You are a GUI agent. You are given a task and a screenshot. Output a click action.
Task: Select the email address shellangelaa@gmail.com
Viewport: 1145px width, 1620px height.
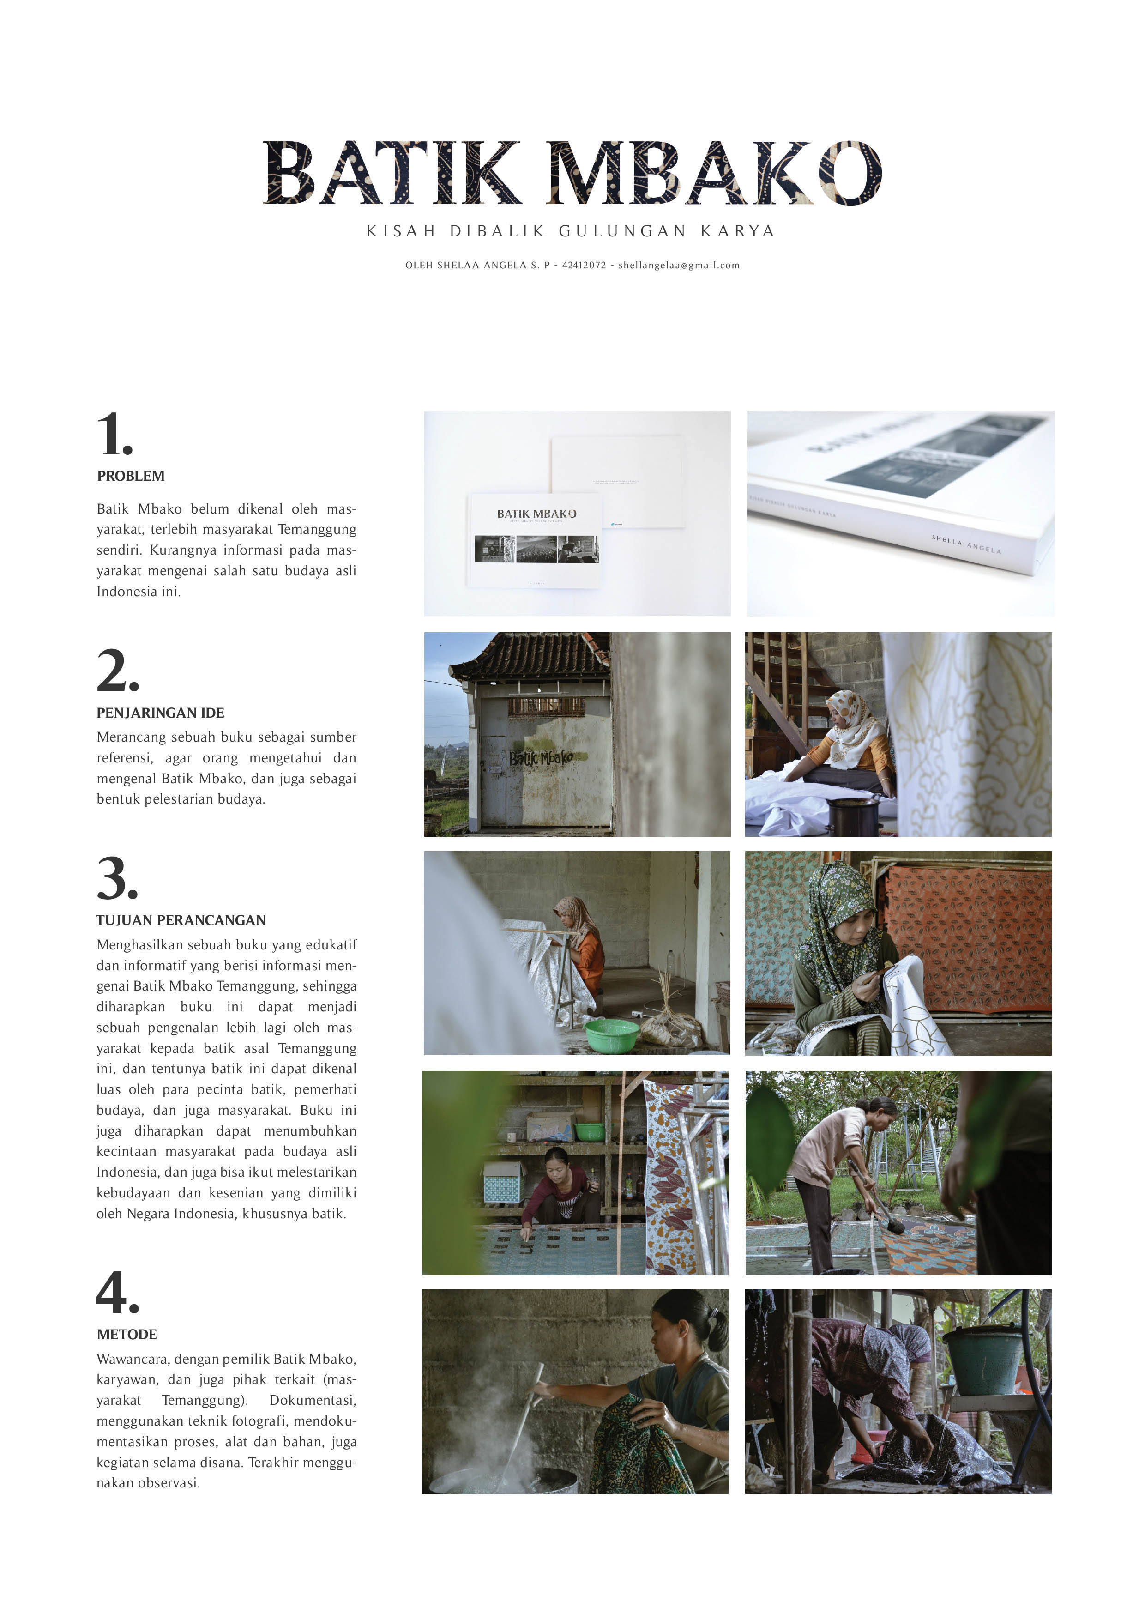pos(679,265)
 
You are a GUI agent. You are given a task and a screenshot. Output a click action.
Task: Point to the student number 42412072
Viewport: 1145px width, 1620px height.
pos(584,265)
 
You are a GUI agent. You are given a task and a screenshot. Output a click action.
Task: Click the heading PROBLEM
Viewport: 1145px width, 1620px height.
pos(131,476)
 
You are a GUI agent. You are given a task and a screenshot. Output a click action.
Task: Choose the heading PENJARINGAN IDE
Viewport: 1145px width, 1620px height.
pos(160,713)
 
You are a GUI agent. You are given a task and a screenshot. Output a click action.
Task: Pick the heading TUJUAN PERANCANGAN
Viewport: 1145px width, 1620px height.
pos(181,920)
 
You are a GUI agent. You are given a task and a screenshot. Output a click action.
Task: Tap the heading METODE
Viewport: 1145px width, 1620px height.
pos(127,1334)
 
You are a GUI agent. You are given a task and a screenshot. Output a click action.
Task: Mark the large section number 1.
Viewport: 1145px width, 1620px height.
pos(115,434)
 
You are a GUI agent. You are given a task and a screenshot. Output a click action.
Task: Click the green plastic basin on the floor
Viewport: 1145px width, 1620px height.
pos(612,1035)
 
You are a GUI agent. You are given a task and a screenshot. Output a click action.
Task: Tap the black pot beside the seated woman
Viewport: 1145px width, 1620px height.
pos(854,816)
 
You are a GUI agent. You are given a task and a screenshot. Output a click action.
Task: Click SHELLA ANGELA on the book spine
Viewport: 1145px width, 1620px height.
pos(966,544)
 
